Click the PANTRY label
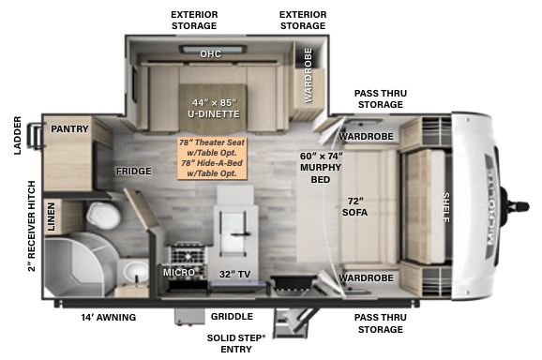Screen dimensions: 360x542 tap(69, 128)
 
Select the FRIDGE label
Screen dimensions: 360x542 tap(134, 172)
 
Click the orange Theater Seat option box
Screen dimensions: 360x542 tap(213, 157)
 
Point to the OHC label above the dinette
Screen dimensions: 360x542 tap(210, 54)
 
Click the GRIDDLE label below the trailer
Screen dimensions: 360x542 tap(231, 317)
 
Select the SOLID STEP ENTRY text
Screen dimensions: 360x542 tap(235, 342)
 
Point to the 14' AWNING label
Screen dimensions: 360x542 tap(108, 317)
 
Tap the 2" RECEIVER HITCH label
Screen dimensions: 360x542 tap(31, 225)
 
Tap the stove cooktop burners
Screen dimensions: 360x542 tap(181, 255)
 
